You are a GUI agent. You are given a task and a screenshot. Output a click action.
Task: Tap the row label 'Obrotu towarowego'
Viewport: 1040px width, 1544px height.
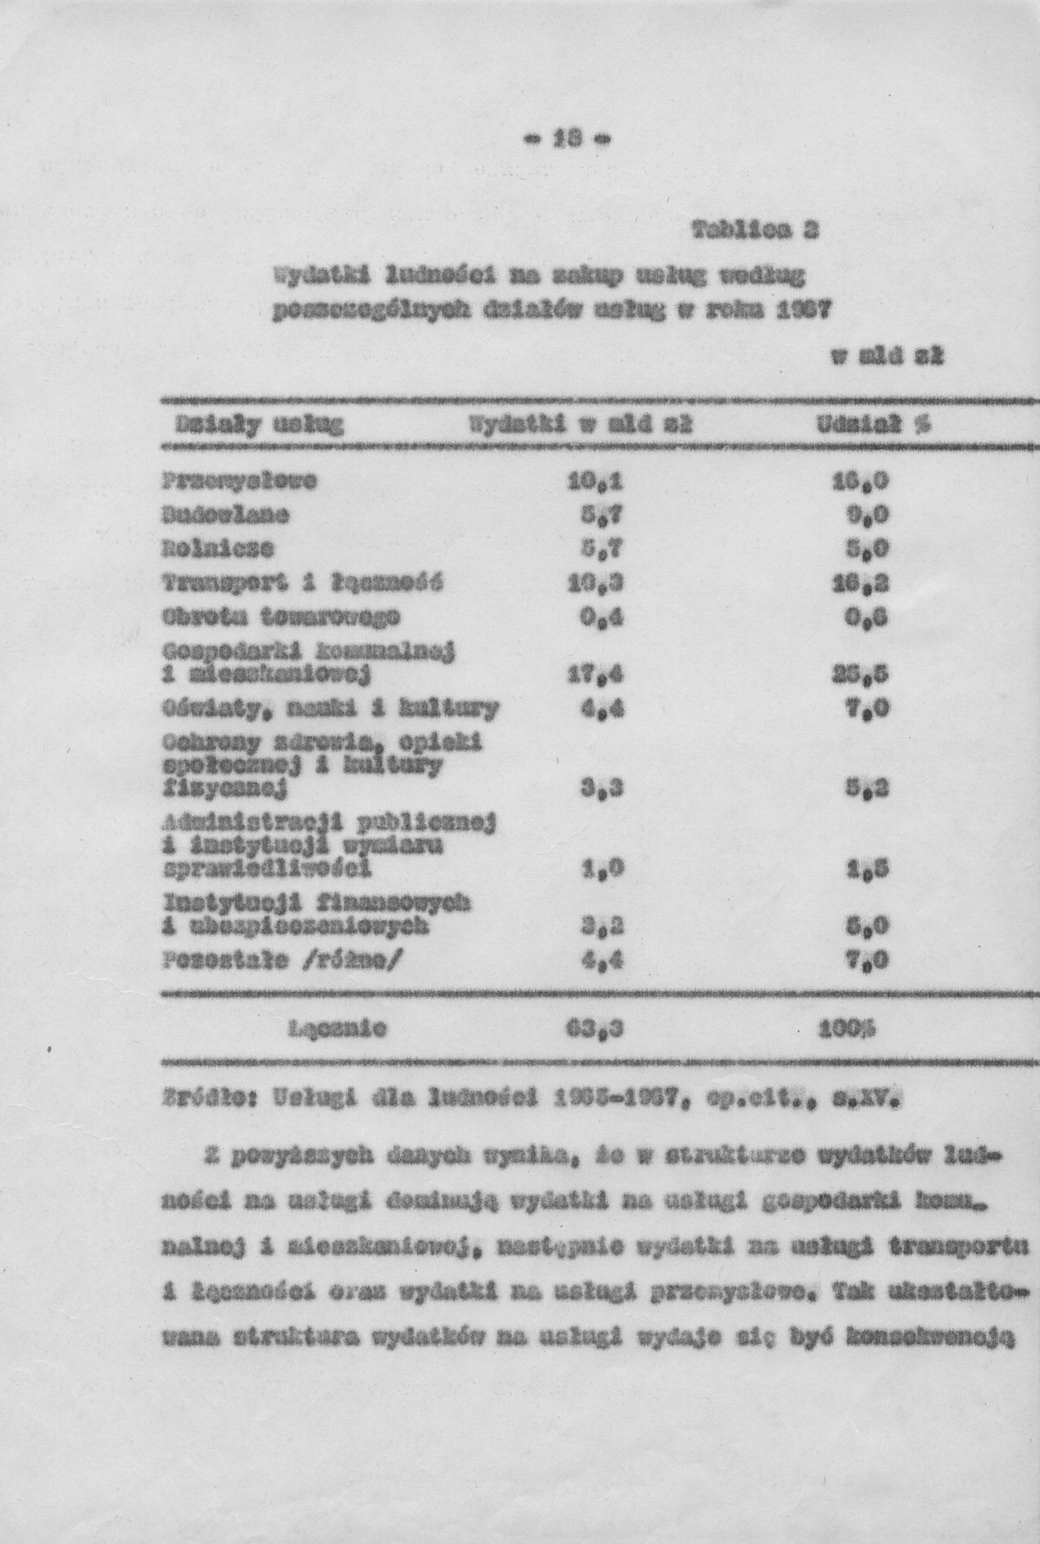click(x=281, y=618)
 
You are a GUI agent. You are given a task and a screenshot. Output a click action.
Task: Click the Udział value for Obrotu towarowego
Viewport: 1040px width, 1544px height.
click(x=869, y=618)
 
